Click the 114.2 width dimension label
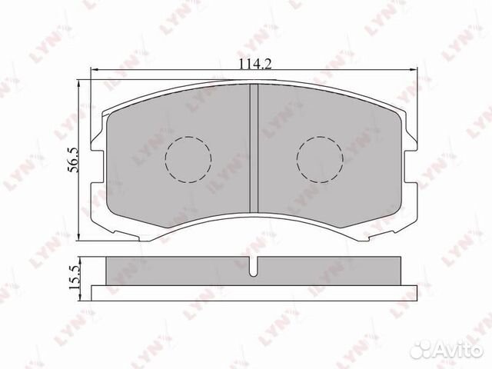click(255, 64)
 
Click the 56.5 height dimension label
click(74, 161)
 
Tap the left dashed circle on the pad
click(188, 159)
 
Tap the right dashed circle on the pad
click(320, 159)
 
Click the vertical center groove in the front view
click(254, 148)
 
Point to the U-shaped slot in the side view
click(254, 267)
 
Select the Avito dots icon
click(421, 349)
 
